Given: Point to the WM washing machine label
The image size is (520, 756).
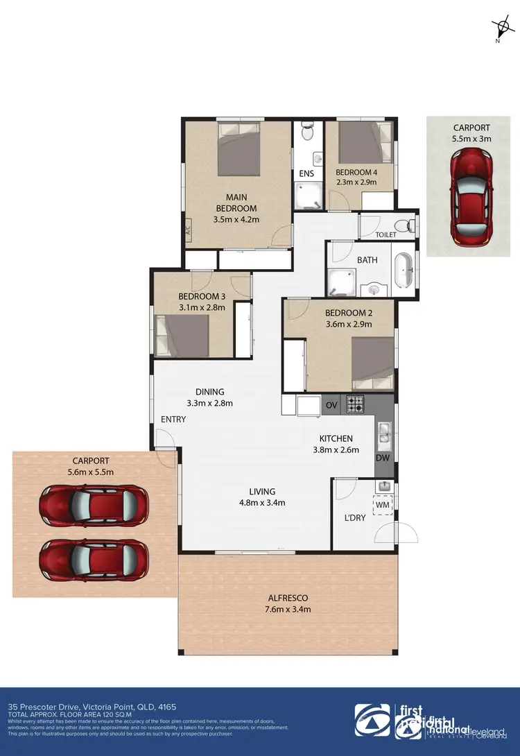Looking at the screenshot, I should [383, 506].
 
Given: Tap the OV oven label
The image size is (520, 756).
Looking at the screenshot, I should [331, 404].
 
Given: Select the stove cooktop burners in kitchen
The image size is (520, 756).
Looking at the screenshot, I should [356, 403].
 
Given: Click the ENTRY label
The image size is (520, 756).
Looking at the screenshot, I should [173, 420].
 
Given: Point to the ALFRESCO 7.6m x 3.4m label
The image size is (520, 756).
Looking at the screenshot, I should [288, 603].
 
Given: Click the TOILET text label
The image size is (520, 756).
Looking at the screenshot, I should [385, 235].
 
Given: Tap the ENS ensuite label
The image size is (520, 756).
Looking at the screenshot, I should [306, 173].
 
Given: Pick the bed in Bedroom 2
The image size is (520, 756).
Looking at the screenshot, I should [372, 362].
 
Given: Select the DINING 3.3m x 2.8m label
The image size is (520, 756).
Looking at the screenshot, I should [209, 397].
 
